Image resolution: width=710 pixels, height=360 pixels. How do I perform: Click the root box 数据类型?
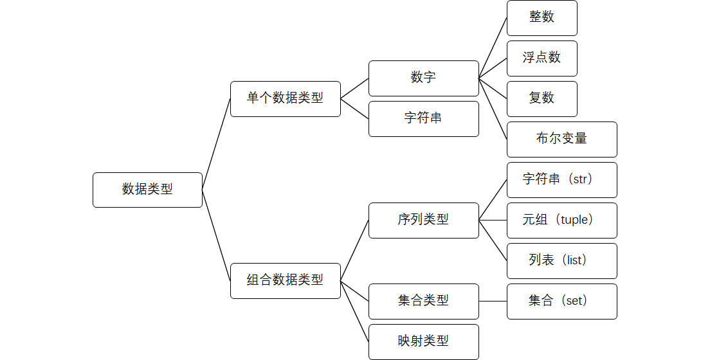[147, 190]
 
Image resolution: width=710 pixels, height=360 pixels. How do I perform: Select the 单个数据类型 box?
[285, 98]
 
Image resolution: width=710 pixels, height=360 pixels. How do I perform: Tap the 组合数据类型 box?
[285, 280]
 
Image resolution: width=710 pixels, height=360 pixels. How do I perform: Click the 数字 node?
[423, 78]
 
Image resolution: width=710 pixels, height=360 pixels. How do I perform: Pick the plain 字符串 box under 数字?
[423, 118]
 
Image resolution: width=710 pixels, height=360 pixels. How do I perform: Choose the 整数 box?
[542, 17]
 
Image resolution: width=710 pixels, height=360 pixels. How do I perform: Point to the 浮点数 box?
[542, 58]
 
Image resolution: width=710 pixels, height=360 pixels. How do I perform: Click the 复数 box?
[542, 98]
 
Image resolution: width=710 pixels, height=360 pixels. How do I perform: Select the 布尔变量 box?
[561, 139]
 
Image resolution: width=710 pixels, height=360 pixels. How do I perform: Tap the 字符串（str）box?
[561, 179]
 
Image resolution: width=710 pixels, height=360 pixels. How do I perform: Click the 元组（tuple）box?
[561, 220]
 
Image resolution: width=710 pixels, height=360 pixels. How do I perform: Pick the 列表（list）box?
[561, 260]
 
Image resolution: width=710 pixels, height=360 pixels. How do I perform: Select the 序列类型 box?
[423, 220]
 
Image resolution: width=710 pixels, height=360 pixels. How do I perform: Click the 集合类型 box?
[423, 301]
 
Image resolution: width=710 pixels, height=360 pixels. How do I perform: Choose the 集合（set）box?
[561, 301]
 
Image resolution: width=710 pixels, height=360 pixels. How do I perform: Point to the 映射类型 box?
[423, 341]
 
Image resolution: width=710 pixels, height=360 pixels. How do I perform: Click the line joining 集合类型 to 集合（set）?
[493, 301]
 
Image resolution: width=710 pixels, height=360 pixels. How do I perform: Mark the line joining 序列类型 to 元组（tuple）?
[493, 220]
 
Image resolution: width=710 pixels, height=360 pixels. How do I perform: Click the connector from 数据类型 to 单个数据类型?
[216, 144]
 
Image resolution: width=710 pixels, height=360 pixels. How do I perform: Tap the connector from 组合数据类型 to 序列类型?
[354, 250]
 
